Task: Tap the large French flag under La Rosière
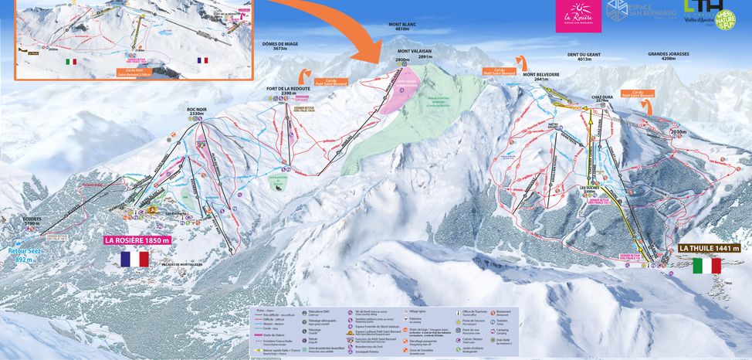click(134, 259)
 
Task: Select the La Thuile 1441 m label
click(710, 248)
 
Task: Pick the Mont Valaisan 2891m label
click(414, 53)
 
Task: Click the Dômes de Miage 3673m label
click(280, 47)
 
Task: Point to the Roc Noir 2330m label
click(198, 111)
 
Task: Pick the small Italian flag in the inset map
click(72, 61)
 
